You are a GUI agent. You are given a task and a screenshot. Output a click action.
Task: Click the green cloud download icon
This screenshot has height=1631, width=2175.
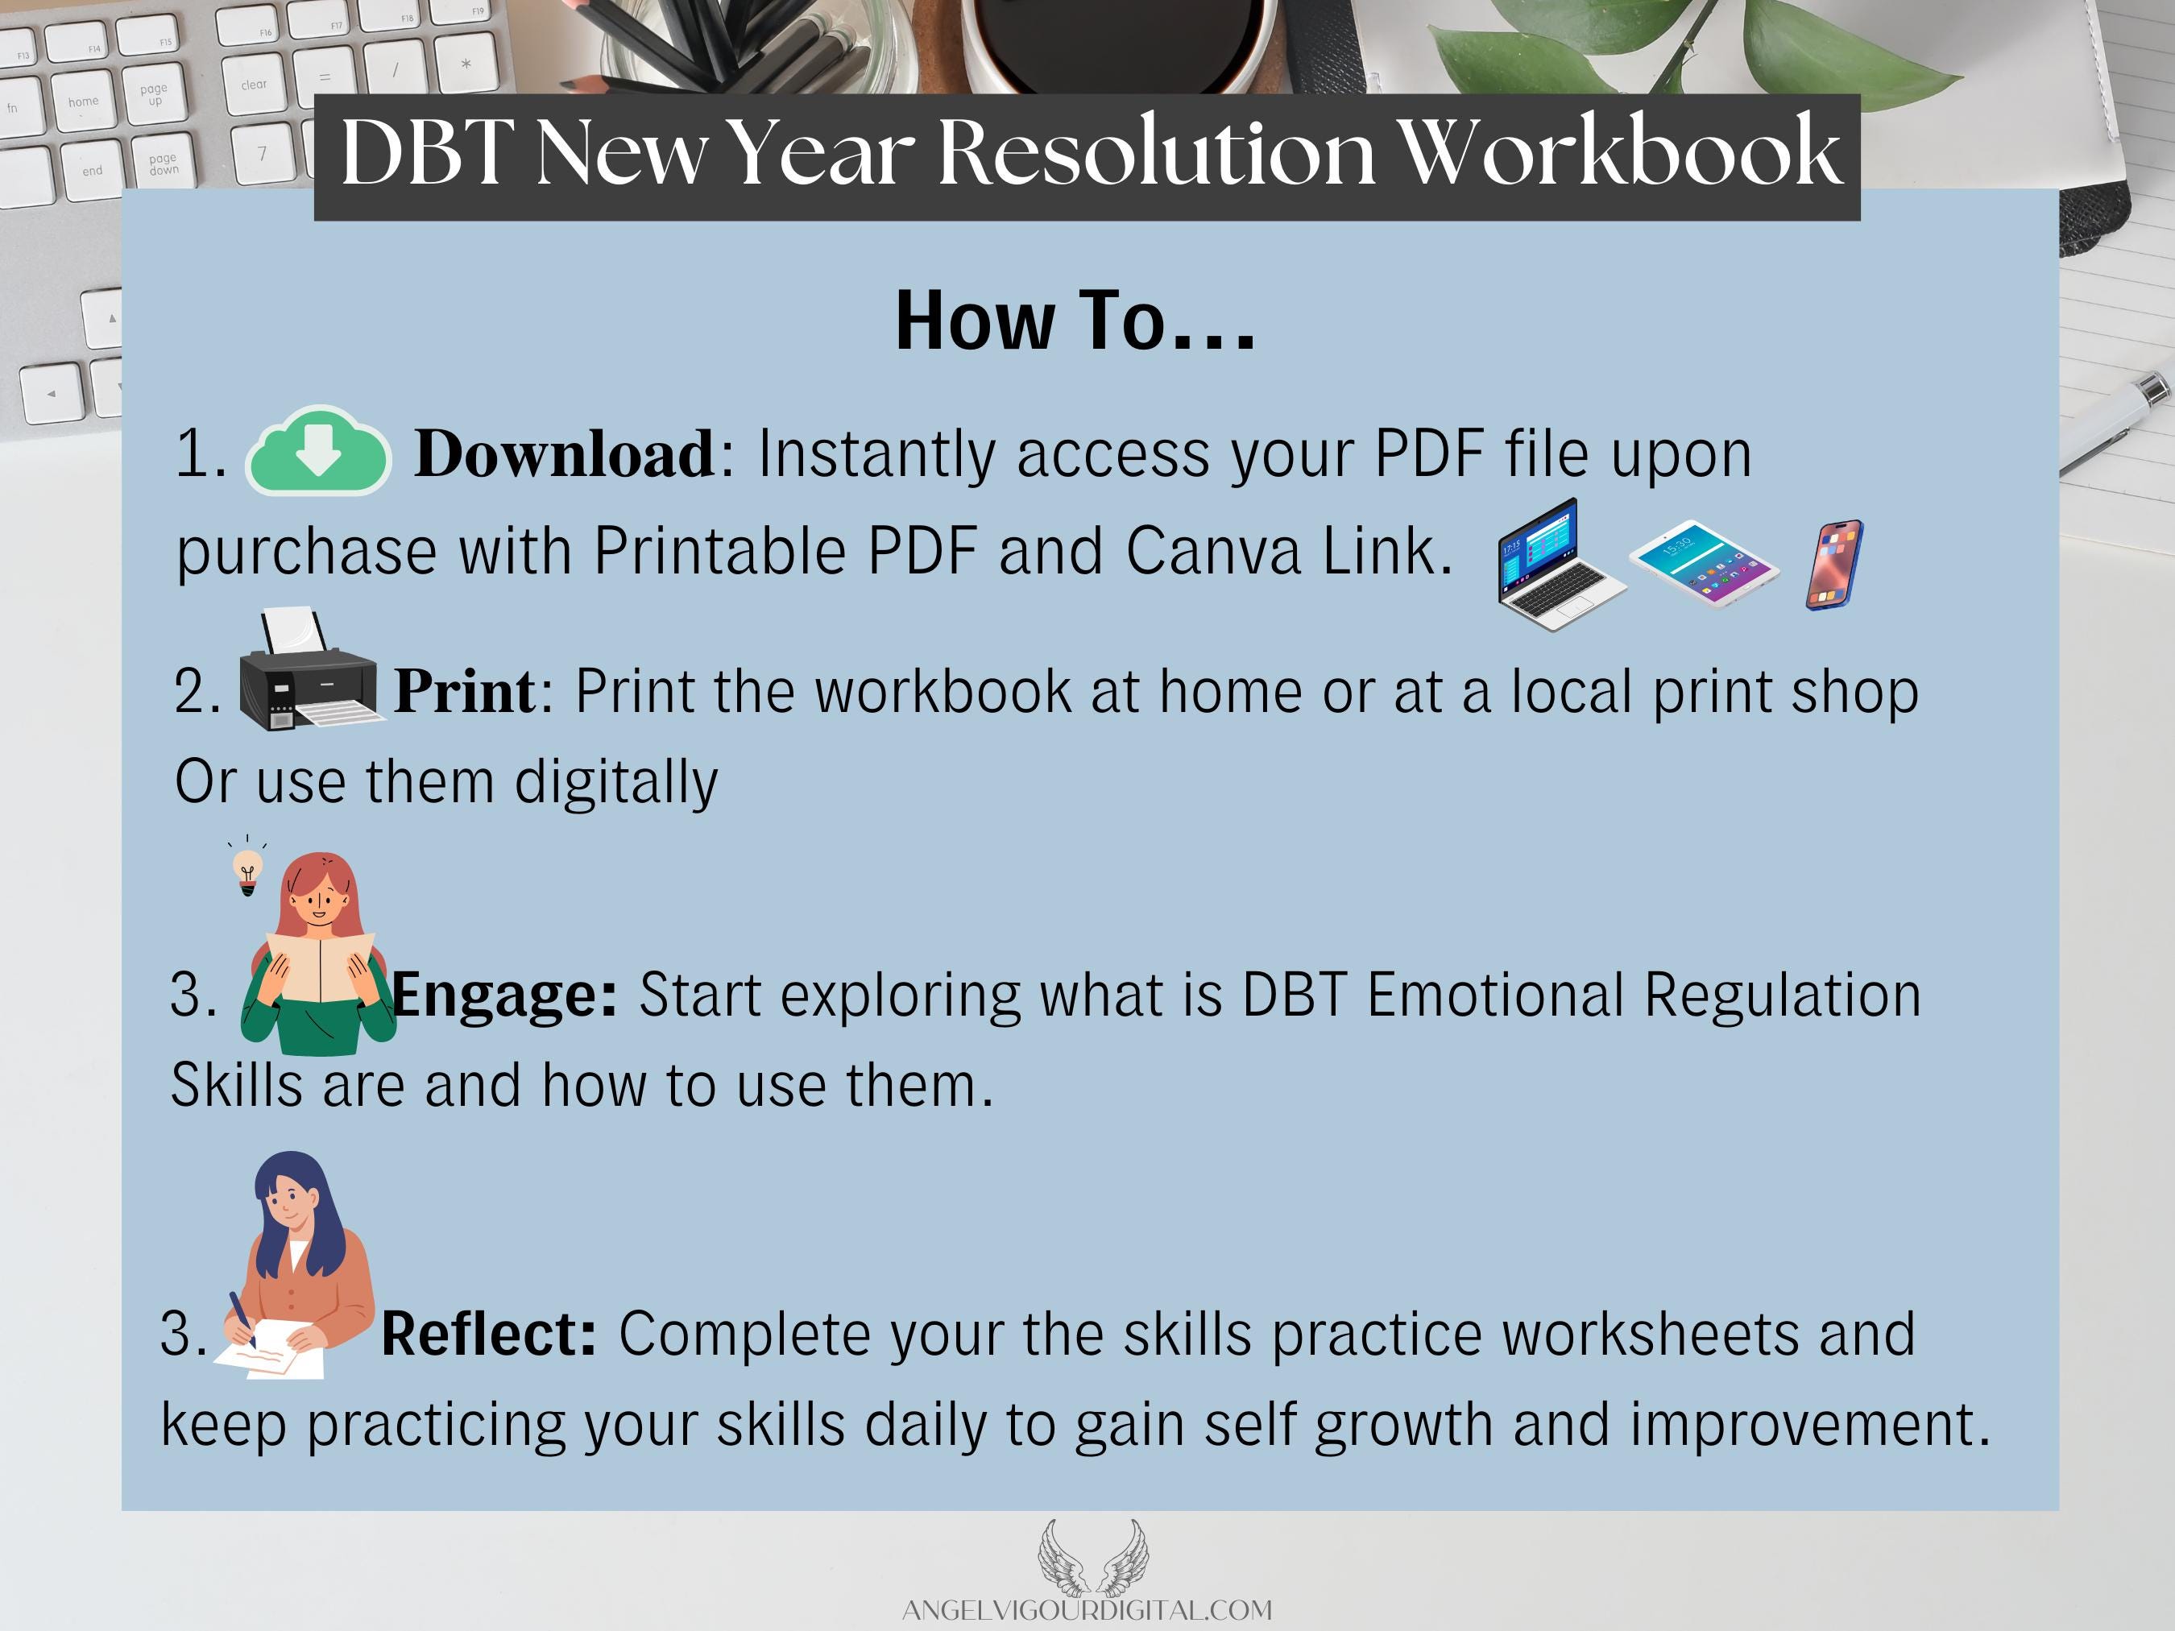[x=317, y=451]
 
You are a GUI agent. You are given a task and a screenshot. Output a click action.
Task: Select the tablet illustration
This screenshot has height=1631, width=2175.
[x=1704, y=563]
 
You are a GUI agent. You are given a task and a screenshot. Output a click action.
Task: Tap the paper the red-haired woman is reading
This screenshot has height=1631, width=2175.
[x=320, y=967]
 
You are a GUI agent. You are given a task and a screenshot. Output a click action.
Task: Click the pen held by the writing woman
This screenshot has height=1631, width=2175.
[x=242, y=1319]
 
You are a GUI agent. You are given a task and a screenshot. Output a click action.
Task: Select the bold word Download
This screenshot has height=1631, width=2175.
[x=565, y=453]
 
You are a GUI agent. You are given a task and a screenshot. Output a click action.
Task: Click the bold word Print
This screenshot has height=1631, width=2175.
[x=465, y=690]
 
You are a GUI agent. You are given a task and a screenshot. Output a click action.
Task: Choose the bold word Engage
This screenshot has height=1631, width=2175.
[x=505, y=995]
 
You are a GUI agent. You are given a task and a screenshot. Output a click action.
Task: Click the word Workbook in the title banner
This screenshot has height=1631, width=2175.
[x=1618, y=151]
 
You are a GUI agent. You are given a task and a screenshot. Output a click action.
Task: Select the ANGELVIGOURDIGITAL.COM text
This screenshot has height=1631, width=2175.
[x=1087, y=1610]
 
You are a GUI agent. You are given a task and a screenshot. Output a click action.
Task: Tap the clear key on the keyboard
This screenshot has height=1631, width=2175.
[x=254, y=85]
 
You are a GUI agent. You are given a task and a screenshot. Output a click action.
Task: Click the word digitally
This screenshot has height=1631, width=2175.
[x=616, y=783]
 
